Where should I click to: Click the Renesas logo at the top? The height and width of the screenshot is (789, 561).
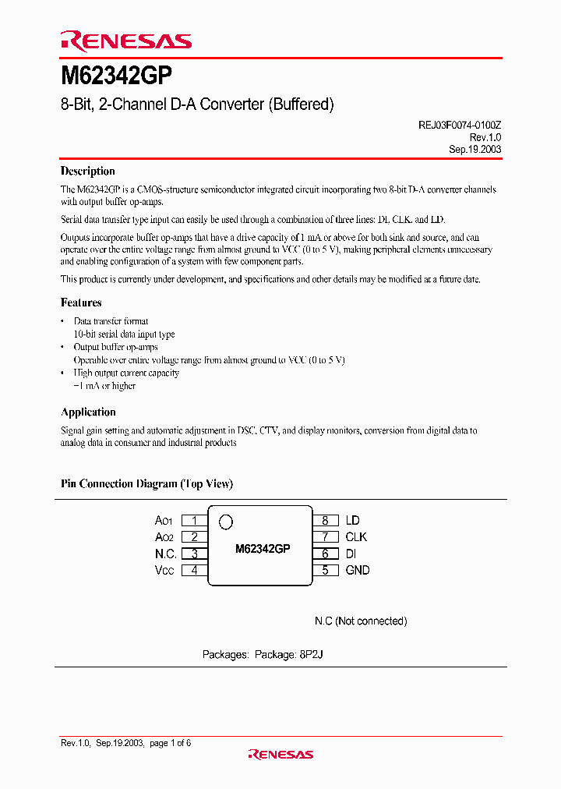[x=125, y=41]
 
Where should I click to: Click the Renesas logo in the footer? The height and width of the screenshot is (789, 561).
[x=280, y=754]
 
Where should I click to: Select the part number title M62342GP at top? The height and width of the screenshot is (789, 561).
[x=116, y=77]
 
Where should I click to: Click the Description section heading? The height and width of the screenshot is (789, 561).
[x=88, y=172]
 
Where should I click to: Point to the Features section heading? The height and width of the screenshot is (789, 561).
[x=81, y=303]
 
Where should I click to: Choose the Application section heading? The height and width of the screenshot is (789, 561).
[x=88, y=412]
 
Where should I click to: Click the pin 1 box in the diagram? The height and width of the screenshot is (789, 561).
[x=194, y=520]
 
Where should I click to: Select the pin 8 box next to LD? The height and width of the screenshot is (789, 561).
[x=325, y=520]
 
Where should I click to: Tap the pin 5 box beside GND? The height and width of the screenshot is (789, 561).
[x=325, y=570]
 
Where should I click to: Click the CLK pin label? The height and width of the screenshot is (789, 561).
[x=356, y=537]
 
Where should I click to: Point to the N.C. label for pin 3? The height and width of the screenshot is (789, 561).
[x=165, y=554]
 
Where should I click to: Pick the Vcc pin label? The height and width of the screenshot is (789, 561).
[x=166, y=570]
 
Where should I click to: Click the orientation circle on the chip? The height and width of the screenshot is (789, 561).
[x=226, y=522]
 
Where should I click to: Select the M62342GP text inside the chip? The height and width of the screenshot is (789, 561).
[x=263, y=549]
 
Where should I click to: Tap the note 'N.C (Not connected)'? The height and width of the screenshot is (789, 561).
[x=361, y=621]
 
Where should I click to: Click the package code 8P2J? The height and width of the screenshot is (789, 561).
[x=310, y=655]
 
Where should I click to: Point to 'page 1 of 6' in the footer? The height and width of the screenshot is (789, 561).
[x=170, y=743]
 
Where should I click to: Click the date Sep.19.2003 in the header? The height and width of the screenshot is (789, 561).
[x=475, y=149]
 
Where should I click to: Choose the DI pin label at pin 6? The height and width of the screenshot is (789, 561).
[x=352, y=554]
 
